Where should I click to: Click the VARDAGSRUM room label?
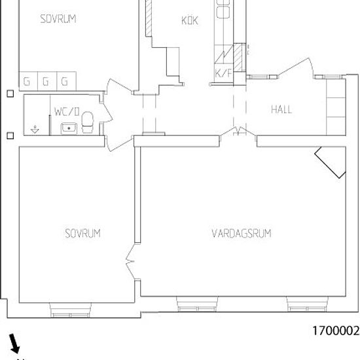point(242,233)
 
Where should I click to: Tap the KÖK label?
point(189,20)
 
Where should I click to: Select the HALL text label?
point(281,109)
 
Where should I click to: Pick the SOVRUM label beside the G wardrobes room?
point(58,19)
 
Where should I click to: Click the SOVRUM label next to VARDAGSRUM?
point(82,233)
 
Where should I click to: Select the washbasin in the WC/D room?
point(68,127)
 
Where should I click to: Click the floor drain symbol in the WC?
point(35,128)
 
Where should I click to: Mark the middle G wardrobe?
point(46,82)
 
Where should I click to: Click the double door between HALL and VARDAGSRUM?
point(237,134)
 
